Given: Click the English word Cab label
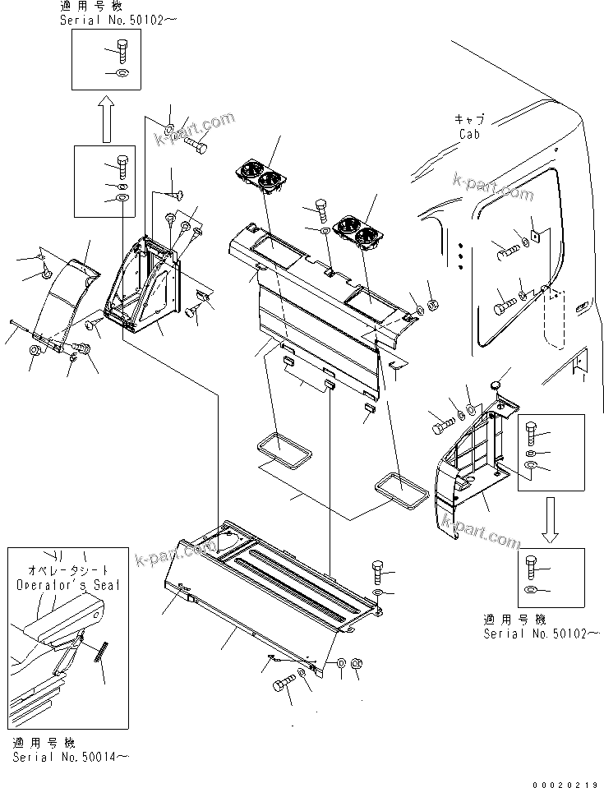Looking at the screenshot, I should tap(469, 134).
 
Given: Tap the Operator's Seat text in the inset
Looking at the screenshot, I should tap(68, 584).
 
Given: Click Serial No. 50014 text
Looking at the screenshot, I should tap(70, 756).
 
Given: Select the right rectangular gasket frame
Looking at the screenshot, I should tap(402, 490).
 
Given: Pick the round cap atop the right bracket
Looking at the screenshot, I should tap(495, 384).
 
